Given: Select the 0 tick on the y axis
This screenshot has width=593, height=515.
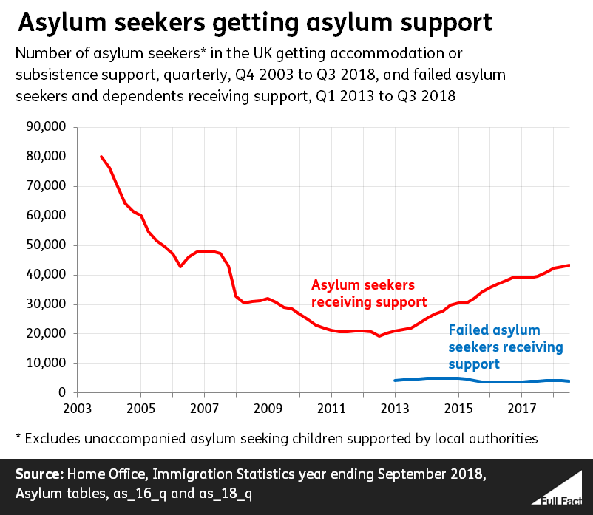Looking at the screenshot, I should (63, 393).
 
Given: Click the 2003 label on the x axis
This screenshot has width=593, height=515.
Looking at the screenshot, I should (76, 408).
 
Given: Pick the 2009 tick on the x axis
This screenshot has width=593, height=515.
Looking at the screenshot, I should (267, 408).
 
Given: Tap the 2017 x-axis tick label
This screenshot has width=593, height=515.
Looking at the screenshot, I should (522, 408).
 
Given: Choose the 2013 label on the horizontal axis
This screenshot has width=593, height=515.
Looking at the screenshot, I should (395, 408).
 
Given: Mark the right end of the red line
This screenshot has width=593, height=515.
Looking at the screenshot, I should (569, 265).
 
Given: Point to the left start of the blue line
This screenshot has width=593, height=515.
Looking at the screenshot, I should (395, 381).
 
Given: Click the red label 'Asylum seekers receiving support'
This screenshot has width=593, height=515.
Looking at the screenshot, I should (369, 293).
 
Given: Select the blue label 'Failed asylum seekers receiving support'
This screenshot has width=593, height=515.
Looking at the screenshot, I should (505, 347).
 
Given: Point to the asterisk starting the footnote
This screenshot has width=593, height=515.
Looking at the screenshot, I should (18, 437).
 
